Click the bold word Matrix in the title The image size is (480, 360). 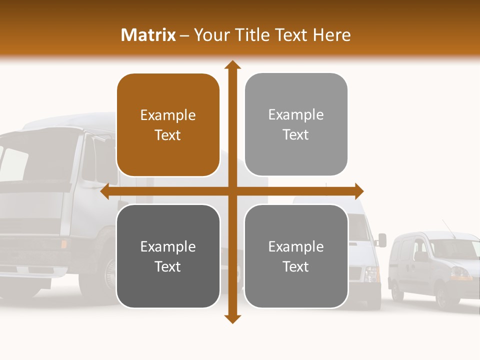point(148,35)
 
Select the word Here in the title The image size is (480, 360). point(332,35)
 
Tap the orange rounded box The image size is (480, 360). point(168,125)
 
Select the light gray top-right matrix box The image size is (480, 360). point(296,124)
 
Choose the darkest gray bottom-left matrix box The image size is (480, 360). point(168,256)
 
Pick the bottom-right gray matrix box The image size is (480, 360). point(296,256)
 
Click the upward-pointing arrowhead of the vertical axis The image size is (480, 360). point(232,65)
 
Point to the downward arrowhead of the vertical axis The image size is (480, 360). point(232,318)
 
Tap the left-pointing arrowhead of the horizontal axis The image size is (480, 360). point(105,191)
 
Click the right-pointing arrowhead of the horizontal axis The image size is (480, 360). point(358,191)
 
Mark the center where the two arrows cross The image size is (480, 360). point(232,191)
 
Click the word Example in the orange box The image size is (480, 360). point(168,115)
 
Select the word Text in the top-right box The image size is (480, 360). point(296,135)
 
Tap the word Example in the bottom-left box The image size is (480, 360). point(168,247)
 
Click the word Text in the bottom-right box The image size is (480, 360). point(296,266)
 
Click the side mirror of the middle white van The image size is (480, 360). point(382,240)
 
